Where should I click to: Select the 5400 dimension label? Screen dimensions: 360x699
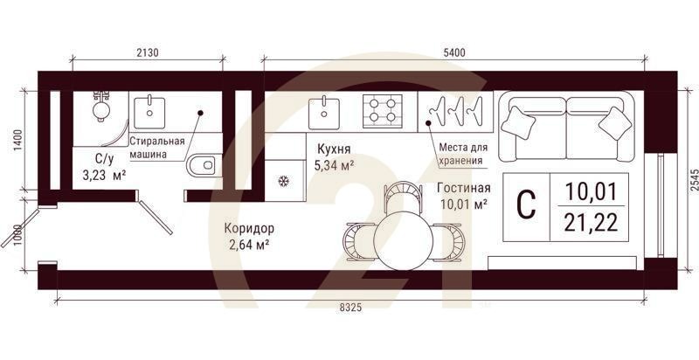pyautogui.click(x=453, y=53)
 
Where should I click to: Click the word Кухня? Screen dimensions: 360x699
pyautogui.click(x=335, y=149)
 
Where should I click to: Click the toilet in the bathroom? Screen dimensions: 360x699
pyautogui.click(x=203, y=163)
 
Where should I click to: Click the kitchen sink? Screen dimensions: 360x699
pyautogui.click(x=324, y=110)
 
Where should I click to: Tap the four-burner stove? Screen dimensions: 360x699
pyautogui.click(x=382, y=110)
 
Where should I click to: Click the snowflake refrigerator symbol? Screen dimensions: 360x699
pyautogui.click(x=283, y=182)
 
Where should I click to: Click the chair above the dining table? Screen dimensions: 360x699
pyautogui.click(x=400, y=194)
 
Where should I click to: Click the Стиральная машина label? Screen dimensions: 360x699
pyautogui.click(x=157, y=148)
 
